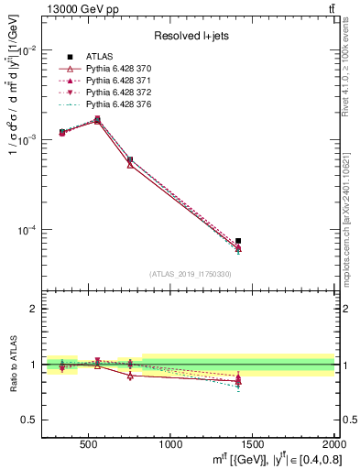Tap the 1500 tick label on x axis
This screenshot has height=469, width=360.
pyautogui.click(x=253, y=444)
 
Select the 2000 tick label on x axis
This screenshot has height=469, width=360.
pyautogui.click(x=334, y=444)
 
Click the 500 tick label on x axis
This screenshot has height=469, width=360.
pyautogui.click(x=90, y=444)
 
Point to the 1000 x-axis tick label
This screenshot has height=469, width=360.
pyautogui.click(x=171, y=444)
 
